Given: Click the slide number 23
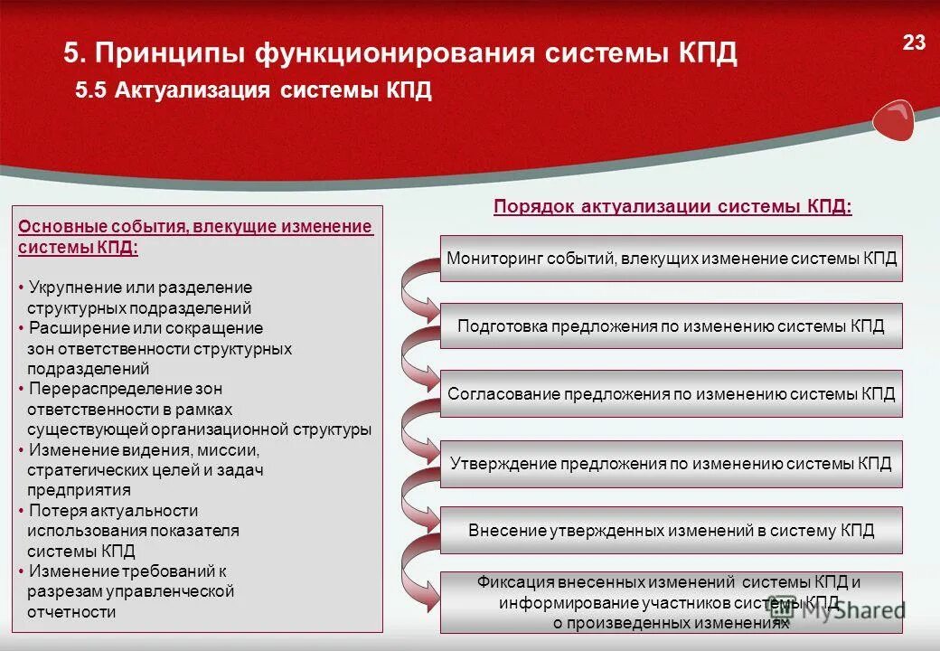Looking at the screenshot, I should tap(914, 42).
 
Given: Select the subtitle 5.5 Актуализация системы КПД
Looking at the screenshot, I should tap(253, 91).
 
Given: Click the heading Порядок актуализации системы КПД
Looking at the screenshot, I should tap(672, 207).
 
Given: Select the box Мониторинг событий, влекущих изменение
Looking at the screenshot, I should tap(671, 259).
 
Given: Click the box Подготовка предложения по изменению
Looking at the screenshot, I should tap(671, 326).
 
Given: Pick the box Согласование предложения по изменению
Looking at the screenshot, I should tap(671, 394).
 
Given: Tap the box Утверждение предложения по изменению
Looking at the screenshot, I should tap(671, 463).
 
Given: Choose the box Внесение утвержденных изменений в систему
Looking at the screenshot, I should tap(671, 531).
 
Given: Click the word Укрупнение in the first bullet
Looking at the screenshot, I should tap(70, 288).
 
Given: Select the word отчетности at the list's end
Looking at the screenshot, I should tap(71, 612).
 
